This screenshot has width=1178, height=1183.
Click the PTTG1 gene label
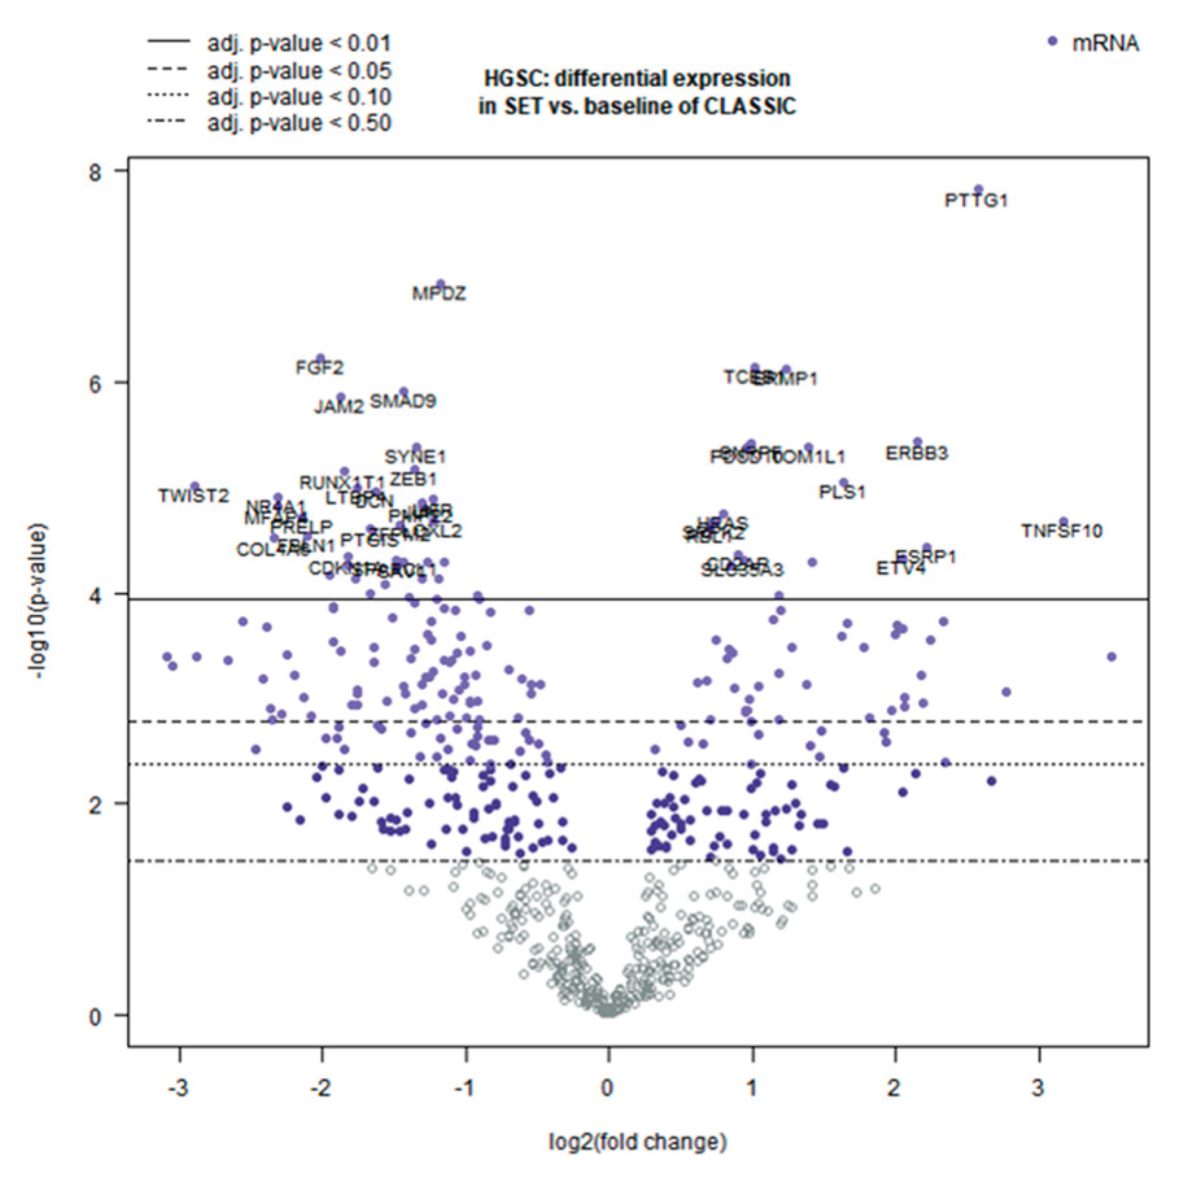975,201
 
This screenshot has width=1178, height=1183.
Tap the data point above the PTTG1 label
977,190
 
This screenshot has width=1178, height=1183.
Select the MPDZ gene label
439,294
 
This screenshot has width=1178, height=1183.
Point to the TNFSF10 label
1062,532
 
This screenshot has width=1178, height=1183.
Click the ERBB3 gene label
916,454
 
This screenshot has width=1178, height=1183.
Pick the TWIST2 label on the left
193,496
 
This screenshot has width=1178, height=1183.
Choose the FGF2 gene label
319,368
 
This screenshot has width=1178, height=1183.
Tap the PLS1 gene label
842,492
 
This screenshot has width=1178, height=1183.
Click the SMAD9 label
403,401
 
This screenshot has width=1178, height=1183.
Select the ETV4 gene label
900,569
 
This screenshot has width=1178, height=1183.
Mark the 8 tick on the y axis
95,172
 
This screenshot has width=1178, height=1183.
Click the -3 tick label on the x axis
178,1089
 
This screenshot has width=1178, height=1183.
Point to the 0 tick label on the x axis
607,1089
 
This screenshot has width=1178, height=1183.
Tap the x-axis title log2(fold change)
638,1142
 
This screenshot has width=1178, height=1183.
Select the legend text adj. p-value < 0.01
299,43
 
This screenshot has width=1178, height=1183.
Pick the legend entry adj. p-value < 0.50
299,123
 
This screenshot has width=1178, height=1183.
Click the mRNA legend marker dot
1052,41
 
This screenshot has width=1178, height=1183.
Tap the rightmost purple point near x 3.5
1111,657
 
